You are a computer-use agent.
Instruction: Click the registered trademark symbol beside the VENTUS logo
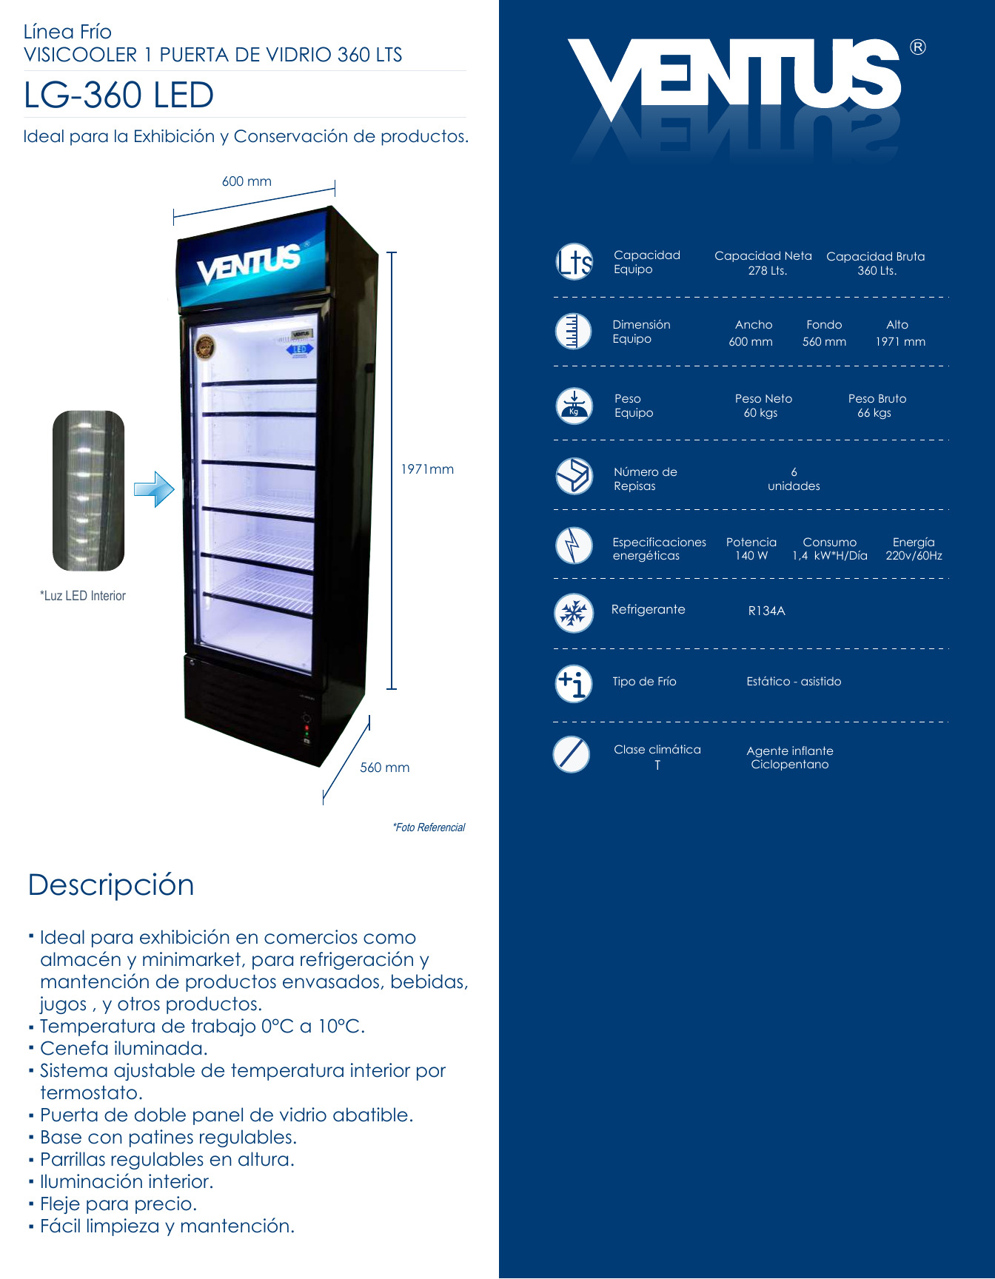917,47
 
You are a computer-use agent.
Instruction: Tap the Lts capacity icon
574,262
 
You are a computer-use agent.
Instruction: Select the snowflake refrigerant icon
574,613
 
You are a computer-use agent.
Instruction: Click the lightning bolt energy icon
574,546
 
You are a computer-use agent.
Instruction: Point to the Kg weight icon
574,406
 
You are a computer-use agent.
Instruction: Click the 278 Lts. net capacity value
767,271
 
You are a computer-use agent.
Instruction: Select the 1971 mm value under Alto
900,342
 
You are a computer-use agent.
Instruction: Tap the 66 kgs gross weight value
874,413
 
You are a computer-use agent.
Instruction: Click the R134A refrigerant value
766,611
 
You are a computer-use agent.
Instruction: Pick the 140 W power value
751,556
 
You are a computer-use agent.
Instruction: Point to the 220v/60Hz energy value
914,556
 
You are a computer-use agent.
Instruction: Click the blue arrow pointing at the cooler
154,489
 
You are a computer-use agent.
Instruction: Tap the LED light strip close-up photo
88,491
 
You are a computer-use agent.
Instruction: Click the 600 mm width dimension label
247,181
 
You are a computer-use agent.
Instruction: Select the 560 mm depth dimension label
384,768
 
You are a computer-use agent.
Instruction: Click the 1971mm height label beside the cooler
427,469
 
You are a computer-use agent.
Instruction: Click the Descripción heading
111,885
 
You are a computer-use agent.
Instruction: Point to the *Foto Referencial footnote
429,828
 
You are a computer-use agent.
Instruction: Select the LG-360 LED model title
119,95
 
